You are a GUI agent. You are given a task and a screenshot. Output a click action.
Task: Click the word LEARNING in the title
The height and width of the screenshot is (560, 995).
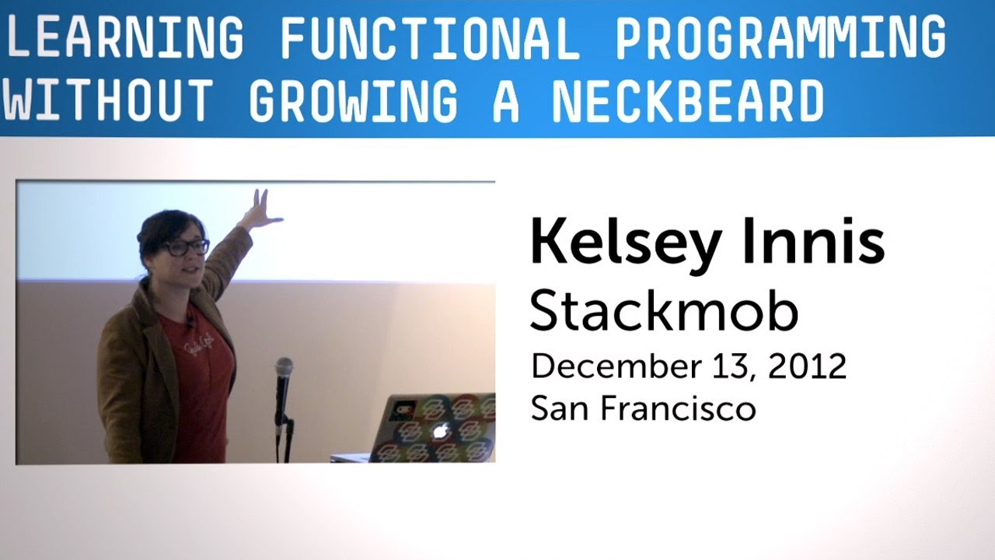pyautogui.click(x=124, y=37)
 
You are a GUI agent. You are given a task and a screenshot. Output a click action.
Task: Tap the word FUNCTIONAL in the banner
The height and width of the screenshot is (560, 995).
pyautogui.click(x=430, y=37)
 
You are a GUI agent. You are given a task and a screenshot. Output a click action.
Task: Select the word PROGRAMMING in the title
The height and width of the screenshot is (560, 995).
pyautogui.click(x=780, y=37)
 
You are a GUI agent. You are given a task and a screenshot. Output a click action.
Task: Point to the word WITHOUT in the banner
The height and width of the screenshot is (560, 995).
pyautogui.click(x=107, y=101)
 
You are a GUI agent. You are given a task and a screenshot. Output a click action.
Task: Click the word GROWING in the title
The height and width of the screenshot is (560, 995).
pyautogui.click(x=354, y=101)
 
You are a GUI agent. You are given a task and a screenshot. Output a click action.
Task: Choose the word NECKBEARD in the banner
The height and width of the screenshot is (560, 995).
pyautogui.click(x=687, y=101)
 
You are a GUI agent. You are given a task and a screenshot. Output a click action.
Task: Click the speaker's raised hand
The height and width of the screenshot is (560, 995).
pyautogui.click(x=262, y=210)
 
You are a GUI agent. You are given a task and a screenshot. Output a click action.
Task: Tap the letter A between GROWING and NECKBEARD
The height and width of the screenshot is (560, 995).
pyautogui.click(x=505, y=101)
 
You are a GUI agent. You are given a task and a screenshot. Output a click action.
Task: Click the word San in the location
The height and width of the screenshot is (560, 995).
pyautogui.click(x=556, y=408)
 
